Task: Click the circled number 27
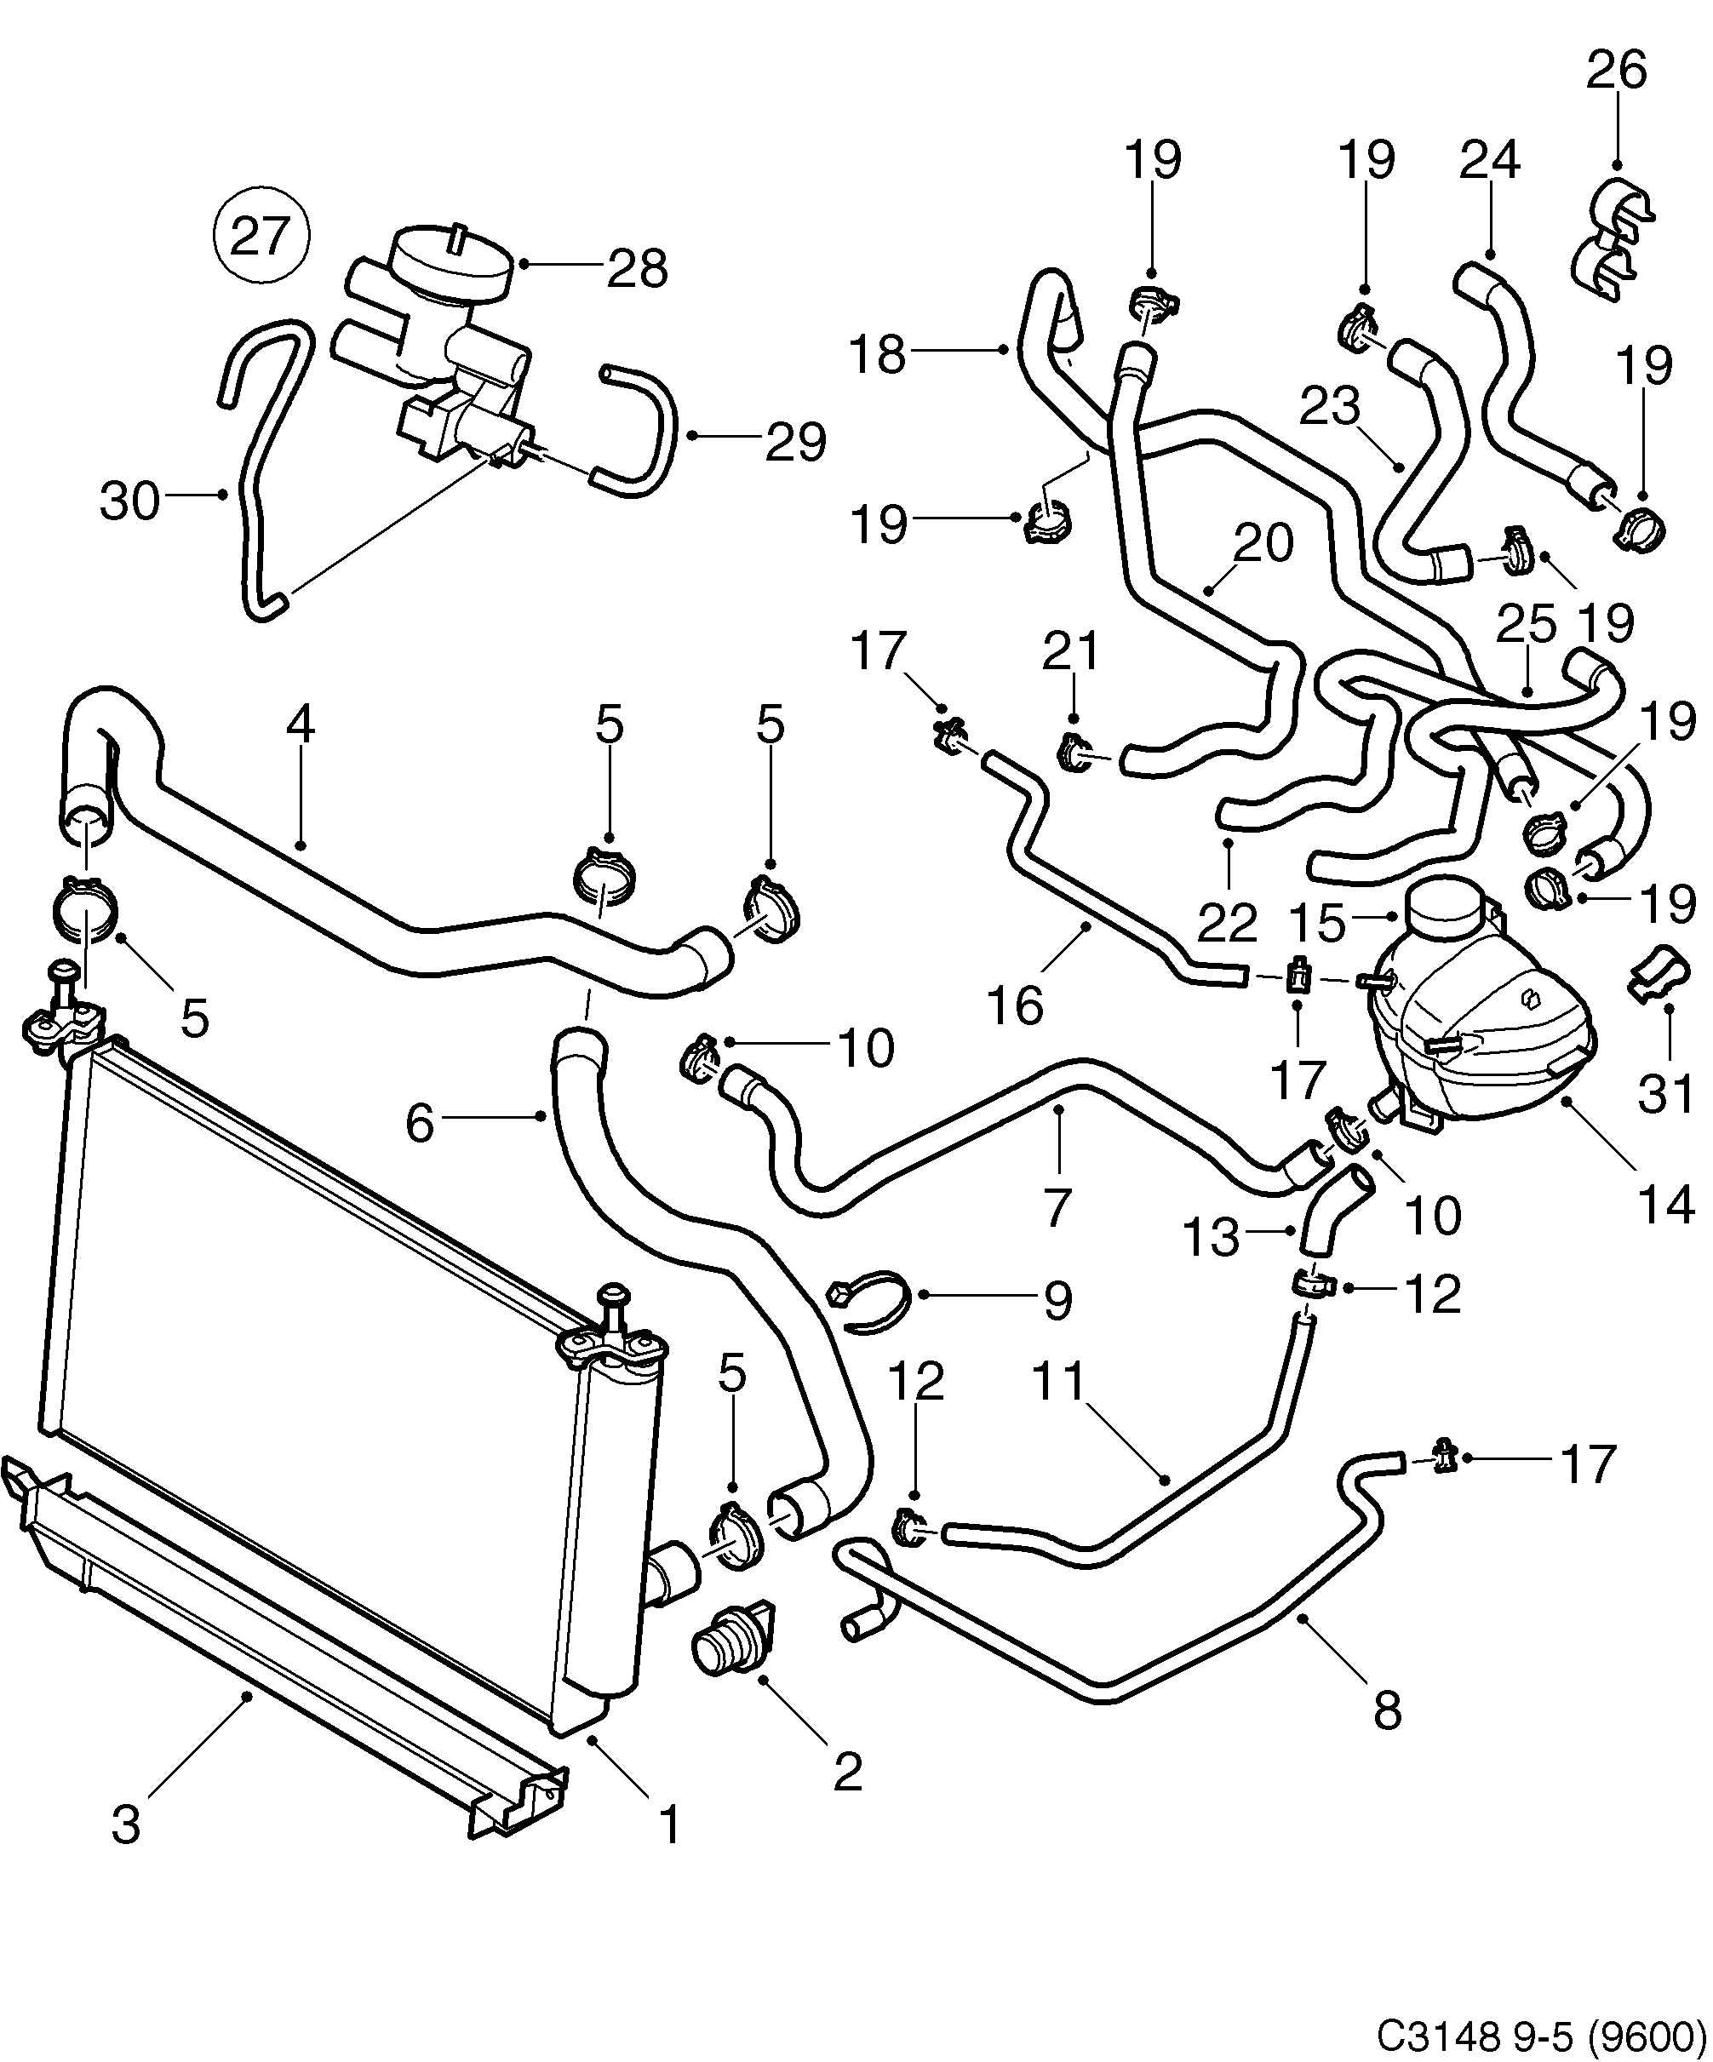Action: (261, 236)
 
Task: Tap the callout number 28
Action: (637, 267)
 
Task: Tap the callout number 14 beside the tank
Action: (1666, 1204)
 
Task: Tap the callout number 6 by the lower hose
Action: (419, 1122)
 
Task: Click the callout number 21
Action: (1073, 651)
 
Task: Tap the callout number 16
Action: (1014, 1005)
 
